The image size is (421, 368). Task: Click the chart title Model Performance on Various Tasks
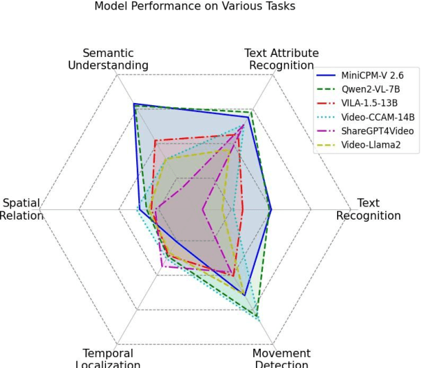(x=195, y=6)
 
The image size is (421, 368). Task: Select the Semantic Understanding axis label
(x=108, y=59)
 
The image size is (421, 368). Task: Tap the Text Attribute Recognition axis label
(x=281, y=59)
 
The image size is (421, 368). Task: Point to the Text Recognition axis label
(x=368, y=209)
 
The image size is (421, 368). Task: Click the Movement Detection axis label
(x=281, y=358)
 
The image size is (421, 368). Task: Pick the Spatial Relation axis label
(x=21, y=209)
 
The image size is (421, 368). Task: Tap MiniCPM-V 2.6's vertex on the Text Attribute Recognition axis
(x=246, y=117)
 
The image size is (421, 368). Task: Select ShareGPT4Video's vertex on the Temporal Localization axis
(x=161, y=265)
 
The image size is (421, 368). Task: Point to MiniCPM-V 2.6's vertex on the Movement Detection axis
(x=244, y=295)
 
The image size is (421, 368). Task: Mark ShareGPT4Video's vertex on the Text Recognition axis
(x=203, y=209)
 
